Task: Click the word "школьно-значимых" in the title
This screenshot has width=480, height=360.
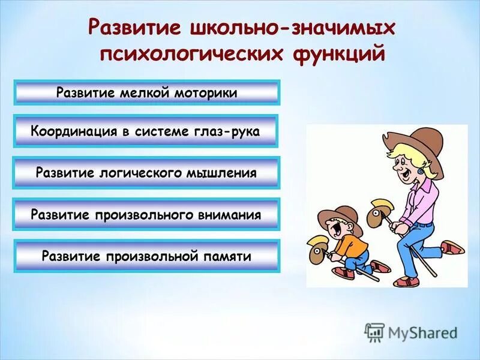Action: (x=293, y=29)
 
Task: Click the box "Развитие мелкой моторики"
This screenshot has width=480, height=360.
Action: (x=146, y=93)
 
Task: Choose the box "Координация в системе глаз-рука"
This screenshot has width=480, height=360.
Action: (x=145, y=131)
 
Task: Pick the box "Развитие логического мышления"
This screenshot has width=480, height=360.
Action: (x=146, y=173)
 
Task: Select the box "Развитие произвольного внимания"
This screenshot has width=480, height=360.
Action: (x=146, y=214)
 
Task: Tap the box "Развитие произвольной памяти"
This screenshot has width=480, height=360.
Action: (x=146, y=256)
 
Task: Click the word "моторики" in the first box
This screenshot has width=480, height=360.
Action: (x=206, y=93)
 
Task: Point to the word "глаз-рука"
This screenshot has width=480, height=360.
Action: (x=229, y=131)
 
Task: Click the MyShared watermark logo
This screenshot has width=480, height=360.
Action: (x=411, y=332)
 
